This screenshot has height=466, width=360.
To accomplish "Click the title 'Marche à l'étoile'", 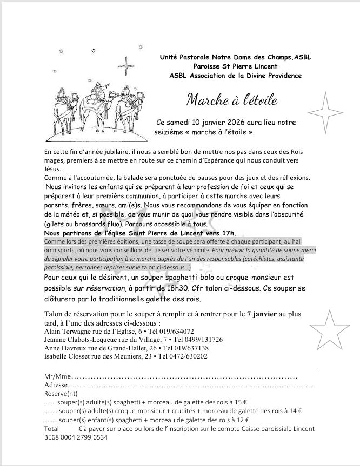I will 232,100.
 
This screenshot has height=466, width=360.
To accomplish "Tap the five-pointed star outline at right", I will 335,330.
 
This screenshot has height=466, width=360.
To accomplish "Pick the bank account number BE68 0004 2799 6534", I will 76,438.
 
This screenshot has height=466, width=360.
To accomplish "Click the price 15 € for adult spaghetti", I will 243,402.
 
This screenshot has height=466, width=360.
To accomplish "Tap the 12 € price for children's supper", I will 243,420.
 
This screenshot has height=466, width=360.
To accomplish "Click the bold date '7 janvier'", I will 263,314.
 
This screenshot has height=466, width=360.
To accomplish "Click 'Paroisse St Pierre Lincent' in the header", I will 236,66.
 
